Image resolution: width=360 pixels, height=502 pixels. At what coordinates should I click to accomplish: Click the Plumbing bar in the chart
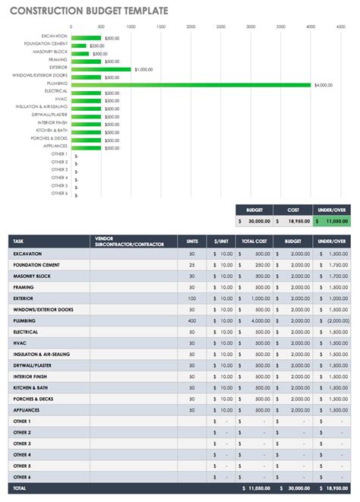(190, 84)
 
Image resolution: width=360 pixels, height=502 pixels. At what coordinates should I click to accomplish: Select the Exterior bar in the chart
(100, 69)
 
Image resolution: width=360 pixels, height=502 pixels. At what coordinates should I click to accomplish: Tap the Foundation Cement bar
(78, 46)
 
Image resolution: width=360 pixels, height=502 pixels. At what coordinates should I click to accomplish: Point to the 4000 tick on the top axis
(311, 26)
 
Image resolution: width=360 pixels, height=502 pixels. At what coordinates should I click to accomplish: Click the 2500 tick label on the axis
(220, 26)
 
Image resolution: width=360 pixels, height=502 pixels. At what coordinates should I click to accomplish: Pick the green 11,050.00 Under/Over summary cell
(333, 220)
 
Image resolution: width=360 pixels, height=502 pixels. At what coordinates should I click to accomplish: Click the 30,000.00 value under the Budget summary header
(254, 220)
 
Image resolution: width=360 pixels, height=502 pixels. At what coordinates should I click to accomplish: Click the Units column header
(192, 242)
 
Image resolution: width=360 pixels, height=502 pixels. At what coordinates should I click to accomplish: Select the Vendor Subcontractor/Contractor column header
(133, 242)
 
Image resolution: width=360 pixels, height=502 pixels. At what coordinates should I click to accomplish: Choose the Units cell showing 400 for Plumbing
(192, 320)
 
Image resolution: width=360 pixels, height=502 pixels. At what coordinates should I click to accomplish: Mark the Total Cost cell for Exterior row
(255, 298)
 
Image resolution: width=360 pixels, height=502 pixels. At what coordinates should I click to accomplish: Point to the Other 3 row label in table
(22, 444)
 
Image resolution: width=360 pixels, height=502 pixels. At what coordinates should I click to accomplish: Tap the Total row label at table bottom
(19, 488)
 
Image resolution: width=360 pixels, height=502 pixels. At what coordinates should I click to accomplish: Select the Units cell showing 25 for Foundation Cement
(192, 264)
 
